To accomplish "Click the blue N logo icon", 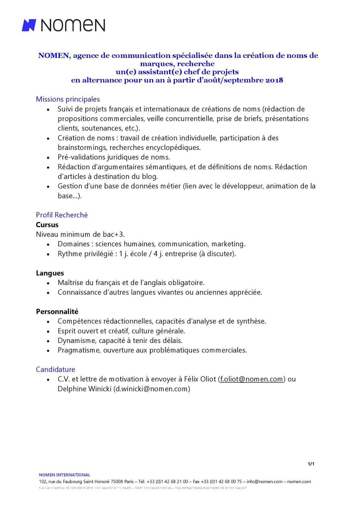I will (29, 25).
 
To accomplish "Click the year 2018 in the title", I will (274, 80).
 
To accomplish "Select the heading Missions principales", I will (68, 99).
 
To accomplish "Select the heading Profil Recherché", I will (62, 215).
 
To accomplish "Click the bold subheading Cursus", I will (47, 225).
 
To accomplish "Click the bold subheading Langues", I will (50, 273).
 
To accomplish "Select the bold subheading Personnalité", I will (57, 312).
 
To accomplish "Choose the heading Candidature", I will (55, 370).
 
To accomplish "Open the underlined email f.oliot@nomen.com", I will (251, 379).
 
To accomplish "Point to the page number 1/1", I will (311, 464).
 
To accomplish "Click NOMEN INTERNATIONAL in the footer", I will (65, 475).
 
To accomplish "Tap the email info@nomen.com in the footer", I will (265, 482).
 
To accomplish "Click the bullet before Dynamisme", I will (48, 341).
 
